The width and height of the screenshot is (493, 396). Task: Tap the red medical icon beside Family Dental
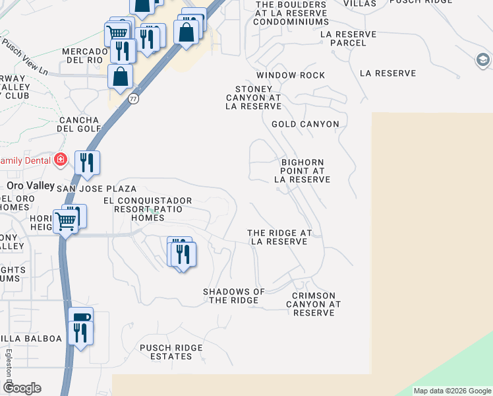pyautogui.click(x=61, y=160)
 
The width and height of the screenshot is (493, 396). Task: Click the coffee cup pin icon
pyautogui.click(x=81, y=318)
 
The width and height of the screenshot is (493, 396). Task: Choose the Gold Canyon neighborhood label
pyautogui.click(x=305, y=124)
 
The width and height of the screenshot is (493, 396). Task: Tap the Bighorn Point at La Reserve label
pyautogui.click(x=302, y=170)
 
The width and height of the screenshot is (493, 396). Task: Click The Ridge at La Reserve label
pyautogui.click(x=279, y=238)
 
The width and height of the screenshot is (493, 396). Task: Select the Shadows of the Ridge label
pyautogui.click(x=234, y=296)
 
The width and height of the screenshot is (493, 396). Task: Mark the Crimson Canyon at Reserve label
pyautogui.click(x=314, y=304)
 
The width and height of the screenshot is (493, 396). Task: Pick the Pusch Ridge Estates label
pyautogui.click(x=171, y=352)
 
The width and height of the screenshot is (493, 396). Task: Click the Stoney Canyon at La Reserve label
pyautogui.click(x=254, y=98)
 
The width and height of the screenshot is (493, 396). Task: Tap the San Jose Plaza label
pyautogui.click(x=96, y=189)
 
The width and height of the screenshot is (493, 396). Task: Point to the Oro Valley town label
pyautogui.click(x=30, y=186)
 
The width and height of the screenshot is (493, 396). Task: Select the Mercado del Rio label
pyautogui.click(x=84, y=55)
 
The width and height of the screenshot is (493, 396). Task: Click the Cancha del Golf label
pyautogui.click(x=78, y=124)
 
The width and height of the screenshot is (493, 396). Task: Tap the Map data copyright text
pyautogui.click(x=452, y=391)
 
